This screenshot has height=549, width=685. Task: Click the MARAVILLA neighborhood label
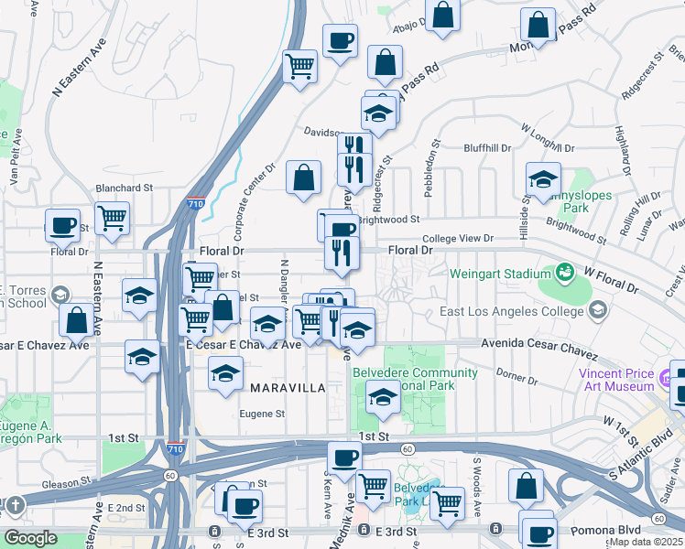288,388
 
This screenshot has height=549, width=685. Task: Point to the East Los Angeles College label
509,311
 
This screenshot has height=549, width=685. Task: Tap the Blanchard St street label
124,188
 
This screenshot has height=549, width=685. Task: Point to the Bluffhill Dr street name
487,147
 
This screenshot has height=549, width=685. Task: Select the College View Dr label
459,238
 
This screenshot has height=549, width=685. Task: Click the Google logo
30,538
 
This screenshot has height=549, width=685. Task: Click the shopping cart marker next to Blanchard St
113,219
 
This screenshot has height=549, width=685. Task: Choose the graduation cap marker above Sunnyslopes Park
543,178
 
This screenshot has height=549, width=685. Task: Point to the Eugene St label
262,414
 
